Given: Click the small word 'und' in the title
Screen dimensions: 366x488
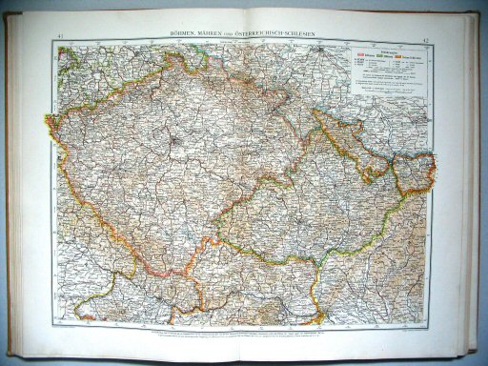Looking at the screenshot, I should (x=234, y=33).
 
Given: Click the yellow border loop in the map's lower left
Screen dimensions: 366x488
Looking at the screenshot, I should (x=95, y=300).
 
